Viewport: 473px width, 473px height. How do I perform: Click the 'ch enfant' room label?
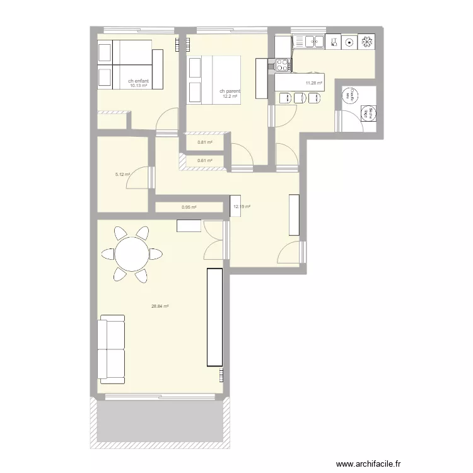[138, 81]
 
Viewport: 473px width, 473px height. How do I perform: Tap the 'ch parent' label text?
[230, 91]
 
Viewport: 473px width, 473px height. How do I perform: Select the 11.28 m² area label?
[313, 83]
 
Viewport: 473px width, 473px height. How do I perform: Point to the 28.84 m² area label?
[160, 307]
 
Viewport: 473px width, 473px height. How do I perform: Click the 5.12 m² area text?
[122, 175]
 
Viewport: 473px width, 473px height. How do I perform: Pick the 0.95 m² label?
[189, 207]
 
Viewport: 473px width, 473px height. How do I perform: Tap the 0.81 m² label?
[205, 142]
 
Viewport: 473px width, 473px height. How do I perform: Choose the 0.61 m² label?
[205, 161]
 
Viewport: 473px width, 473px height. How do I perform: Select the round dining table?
[132, 254]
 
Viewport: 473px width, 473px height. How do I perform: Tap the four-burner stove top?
[282, 64]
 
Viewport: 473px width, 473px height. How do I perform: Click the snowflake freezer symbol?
[366, 42]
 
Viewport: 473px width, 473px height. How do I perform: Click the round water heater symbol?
[347, 96]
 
